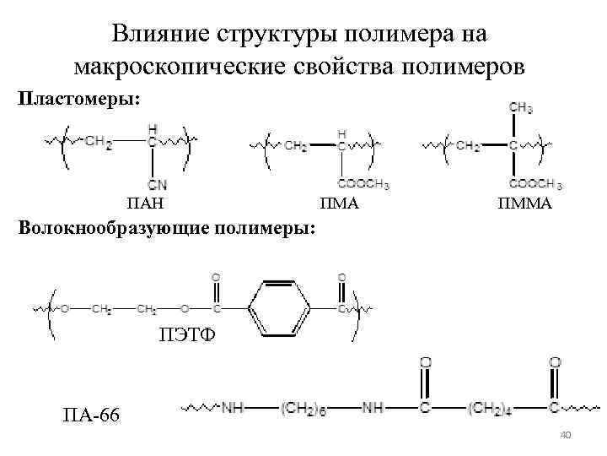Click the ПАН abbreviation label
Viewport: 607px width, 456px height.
click(x=144, y=204)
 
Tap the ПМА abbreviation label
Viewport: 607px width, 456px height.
click(x=340, y=204)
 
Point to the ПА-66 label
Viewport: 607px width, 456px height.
click(x=91, y=415)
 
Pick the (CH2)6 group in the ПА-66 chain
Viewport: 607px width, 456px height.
click(x=303, y=409)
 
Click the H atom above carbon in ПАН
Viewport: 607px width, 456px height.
click(x=153, y=128)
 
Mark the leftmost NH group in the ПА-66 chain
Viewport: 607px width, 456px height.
click(x=234, y=409)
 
